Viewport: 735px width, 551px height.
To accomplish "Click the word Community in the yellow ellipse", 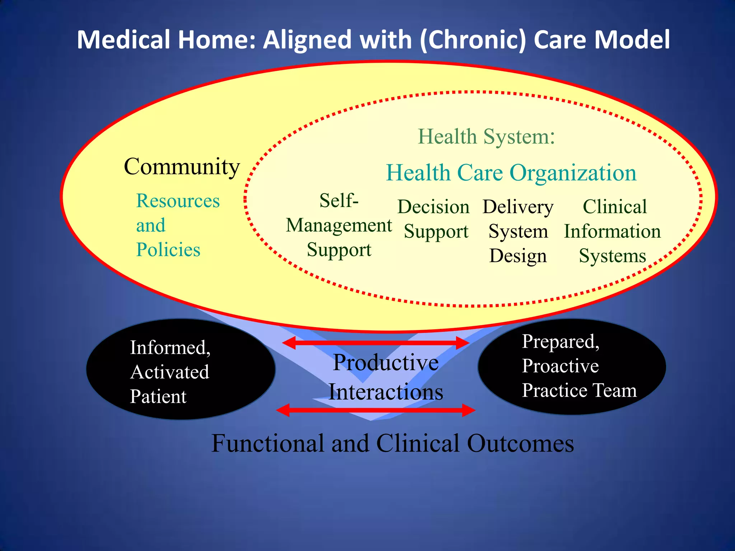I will (182, 167).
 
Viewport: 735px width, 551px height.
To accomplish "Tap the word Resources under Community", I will (178, 201).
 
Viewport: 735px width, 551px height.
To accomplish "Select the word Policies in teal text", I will (168, 250).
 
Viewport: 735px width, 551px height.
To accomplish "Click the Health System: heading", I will (486, 137).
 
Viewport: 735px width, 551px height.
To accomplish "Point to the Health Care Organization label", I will (511, 173).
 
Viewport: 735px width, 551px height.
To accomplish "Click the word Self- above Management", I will (339, 200).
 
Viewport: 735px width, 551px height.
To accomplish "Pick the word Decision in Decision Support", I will (433, 207).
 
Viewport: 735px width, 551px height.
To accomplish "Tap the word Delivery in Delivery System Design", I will (518, 207).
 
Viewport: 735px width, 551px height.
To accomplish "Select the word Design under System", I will (518, 256).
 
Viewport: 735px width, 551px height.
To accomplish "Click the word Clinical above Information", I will (614, 207).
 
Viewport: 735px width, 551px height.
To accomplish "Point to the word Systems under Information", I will (612, 256).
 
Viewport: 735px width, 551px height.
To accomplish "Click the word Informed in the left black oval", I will (170, 348).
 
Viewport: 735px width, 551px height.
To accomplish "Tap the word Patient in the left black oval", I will (158, 397).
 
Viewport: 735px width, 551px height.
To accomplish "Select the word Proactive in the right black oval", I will (560, 366).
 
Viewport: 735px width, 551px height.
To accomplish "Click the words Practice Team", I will (579, 390).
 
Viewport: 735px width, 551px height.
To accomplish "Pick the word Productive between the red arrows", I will (385, 362).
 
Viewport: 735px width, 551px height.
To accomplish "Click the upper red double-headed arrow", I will (375, 343).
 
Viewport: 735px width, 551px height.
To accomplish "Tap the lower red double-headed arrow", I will (375, 410).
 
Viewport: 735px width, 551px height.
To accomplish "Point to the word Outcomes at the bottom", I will (520, 443).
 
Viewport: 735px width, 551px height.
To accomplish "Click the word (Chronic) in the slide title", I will (473, 39).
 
